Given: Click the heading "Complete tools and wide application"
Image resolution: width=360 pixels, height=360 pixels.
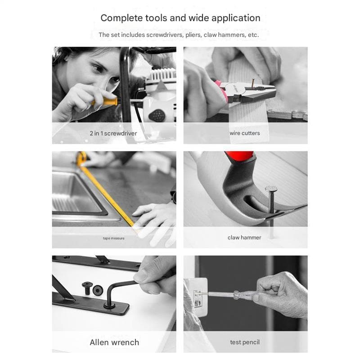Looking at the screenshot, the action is pos(180,18).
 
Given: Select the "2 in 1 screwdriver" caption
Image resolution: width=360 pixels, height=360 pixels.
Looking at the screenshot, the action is pos(113,133).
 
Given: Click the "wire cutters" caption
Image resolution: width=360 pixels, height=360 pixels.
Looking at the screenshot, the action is pos(245,133).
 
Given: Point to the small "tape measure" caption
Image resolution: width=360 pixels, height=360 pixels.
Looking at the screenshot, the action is pos(114,238).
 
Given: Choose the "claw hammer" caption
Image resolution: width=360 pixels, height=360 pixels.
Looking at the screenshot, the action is pos(244,238).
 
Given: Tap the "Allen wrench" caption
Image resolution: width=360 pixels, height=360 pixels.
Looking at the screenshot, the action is pos(114,342).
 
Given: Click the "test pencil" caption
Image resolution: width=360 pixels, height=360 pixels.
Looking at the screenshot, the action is pos(245,342).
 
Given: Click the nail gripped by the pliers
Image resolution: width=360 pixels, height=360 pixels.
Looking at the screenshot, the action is pos(253,83).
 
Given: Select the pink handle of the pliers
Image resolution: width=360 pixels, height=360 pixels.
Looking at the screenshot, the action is pos(221,91).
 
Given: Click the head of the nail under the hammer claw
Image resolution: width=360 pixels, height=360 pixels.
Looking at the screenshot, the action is pos(271,189).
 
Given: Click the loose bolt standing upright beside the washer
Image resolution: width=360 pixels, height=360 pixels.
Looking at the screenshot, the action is pos(87,288).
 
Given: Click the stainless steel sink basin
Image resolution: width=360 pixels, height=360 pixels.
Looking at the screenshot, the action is pos(76,195).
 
